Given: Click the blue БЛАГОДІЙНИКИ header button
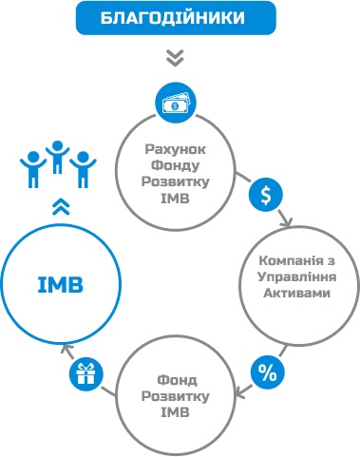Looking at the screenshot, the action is point(176,18).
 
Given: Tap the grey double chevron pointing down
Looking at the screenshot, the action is point(175,58).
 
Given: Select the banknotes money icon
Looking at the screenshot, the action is point(176,103).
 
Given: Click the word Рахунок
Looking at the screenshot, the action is point(175,149).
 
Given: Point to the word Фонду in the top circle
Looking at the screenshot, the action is point(175,165).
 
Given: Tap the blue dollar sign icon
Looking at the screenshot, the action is point(266,195).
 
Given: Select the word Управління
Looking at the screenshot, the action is point(296,277).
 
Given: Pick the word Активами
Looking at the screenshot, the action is point(296,293).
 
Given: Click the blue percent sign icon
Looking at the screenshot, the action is point(268,372).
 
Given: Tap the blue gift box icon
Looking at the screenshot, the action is point(86,373).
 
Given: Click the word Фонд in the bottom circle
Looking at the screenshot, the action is point(177,380).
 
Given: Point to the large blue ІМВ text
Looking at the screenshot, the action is point(61,284).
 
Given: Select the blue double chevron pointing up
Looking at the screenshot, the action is point(61,207).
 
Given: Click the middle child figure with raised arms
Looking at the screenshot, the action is point(57,157).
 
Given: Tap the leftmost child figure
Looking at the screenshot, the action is point(33,169).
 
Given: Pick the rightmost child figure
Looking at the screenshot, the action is point(83,170).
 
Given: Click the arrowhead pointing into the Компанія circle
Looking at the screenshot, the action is point(287,222).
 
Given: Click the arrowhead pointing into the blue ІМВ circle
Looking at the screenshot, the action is point(66,349).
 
